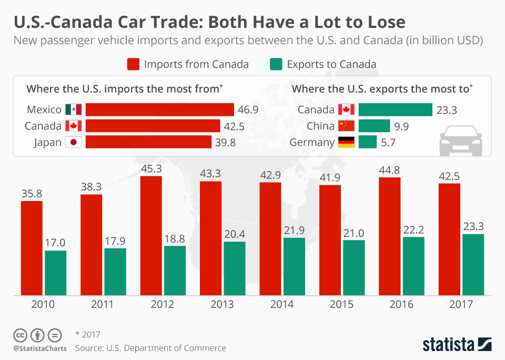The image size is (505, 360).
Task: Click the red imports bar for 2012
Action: coord(151,235)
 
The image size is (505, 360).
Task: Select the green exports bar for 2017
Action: coord(473,264)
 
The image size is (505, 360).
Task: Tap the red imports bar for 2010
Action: coord(32,248)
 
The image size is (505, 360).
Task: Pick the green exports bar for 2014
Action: coord(294,266)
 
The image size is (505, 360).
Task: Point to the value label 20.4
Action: coord(235,233)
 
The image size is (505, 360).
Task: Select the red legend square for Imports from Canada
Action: coord(133,64)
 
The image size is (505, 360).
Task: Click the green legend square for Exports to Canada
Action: coord(276,64)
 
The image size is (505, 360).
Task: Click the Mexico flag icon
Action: coord(74,109)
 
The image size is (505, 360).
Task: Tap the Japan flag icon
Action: coord(74,142)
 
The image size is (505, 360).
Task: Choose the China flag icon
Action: coord(346,126)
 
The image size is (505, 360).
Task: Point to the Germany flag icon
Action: coord(346,142)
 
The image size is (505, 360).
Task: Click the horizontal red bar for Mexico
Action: coord(159,109)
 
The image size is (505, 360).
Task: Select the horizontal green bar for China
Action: coord(374,126)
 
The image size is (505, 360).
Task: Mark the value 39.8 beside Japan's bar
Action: coord(226,143)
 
